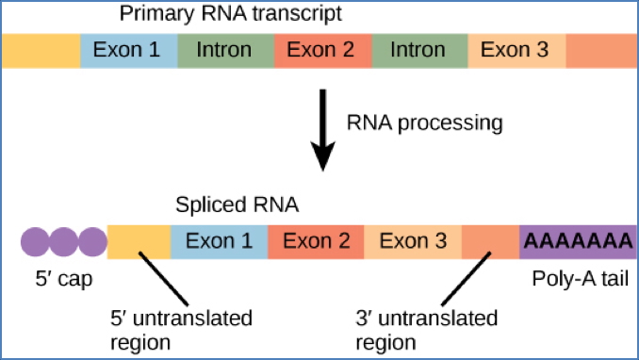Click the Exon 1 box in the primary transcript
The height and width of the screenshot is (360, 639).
click(126, 49)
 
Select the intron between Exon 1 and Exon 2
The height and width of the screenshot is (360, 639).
click(224, 49)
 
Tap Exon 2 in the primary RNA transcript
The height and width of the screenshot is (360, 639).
click(322, 49)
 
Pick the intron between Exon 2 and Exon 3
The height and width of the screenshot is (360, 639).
click(420, 49)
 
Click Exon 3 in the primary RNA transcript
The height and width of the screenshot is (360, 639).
click(516, 49)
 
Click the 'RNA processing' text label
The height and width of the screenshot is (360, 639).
click(424, 123)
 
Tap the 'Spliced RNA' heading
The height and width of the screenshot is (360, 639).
click(237, 204)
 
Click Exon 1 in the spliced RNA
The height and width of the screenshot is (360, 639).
click(219, 242)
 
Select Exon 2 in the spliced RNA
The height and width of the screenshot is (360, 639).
click(316, 242)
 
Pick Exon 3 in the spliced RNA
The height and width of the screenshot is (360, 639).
click(413, 242)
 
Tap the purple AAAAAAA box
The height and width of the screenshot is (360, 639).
click(578, 242)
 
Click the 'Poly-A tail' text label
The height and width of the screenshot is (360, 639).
click(576, 280)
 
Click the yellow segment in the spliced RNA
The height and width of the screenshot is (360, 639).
click(139, 242)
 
